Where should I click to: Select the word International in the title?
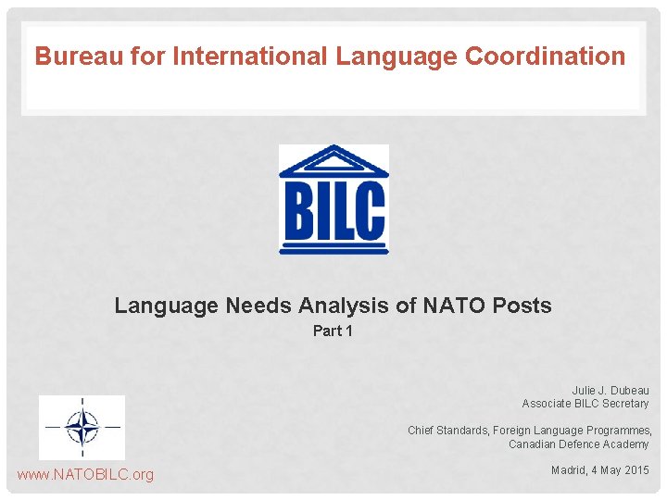(243, 56)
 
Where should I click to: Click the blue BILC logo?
(333, 199)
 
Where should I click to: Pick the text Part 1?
(333, 331)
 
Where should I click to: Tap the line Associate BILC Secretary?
(585, 404)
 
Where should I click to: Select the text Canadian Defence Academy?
(579, 444)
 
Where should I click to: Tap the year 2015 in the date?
(636, 470)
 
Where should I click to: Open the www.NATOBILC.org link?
(85, 475)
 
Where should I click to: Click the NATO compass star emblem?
(82, 428)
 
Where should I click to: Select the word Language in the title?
(396, 56)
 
